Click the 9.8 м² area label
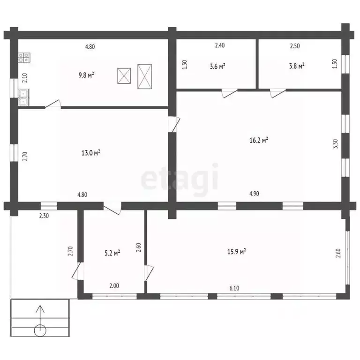point(86,75)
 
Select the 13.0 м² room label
point(90,153)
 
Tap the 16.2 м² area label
point(259,140)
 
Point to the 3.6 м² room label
point(217,67)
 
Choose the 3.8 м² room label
point(297,66)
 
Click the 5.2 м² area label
point(112,253)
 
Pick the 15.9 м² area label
point(236,252)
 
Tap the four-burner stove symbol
point(24,58)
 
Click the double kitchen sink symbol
point(23,97)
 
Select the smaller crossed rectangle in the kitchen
point(124,76)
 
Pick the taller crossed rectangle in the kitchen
point(144,76)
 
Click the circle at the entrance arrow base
point(40,331)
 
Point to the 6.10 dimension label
point(234,288)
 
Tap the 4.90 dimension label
point(254,194)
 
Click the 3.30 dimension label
point(335,144)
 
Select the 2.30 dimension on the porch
point(44,216)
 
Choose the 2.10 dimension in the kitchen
point(25,78)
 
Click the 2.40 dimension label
point(220,45)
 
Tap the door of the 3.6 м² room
point(230,93)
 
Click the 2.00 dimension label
point(114,286)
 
